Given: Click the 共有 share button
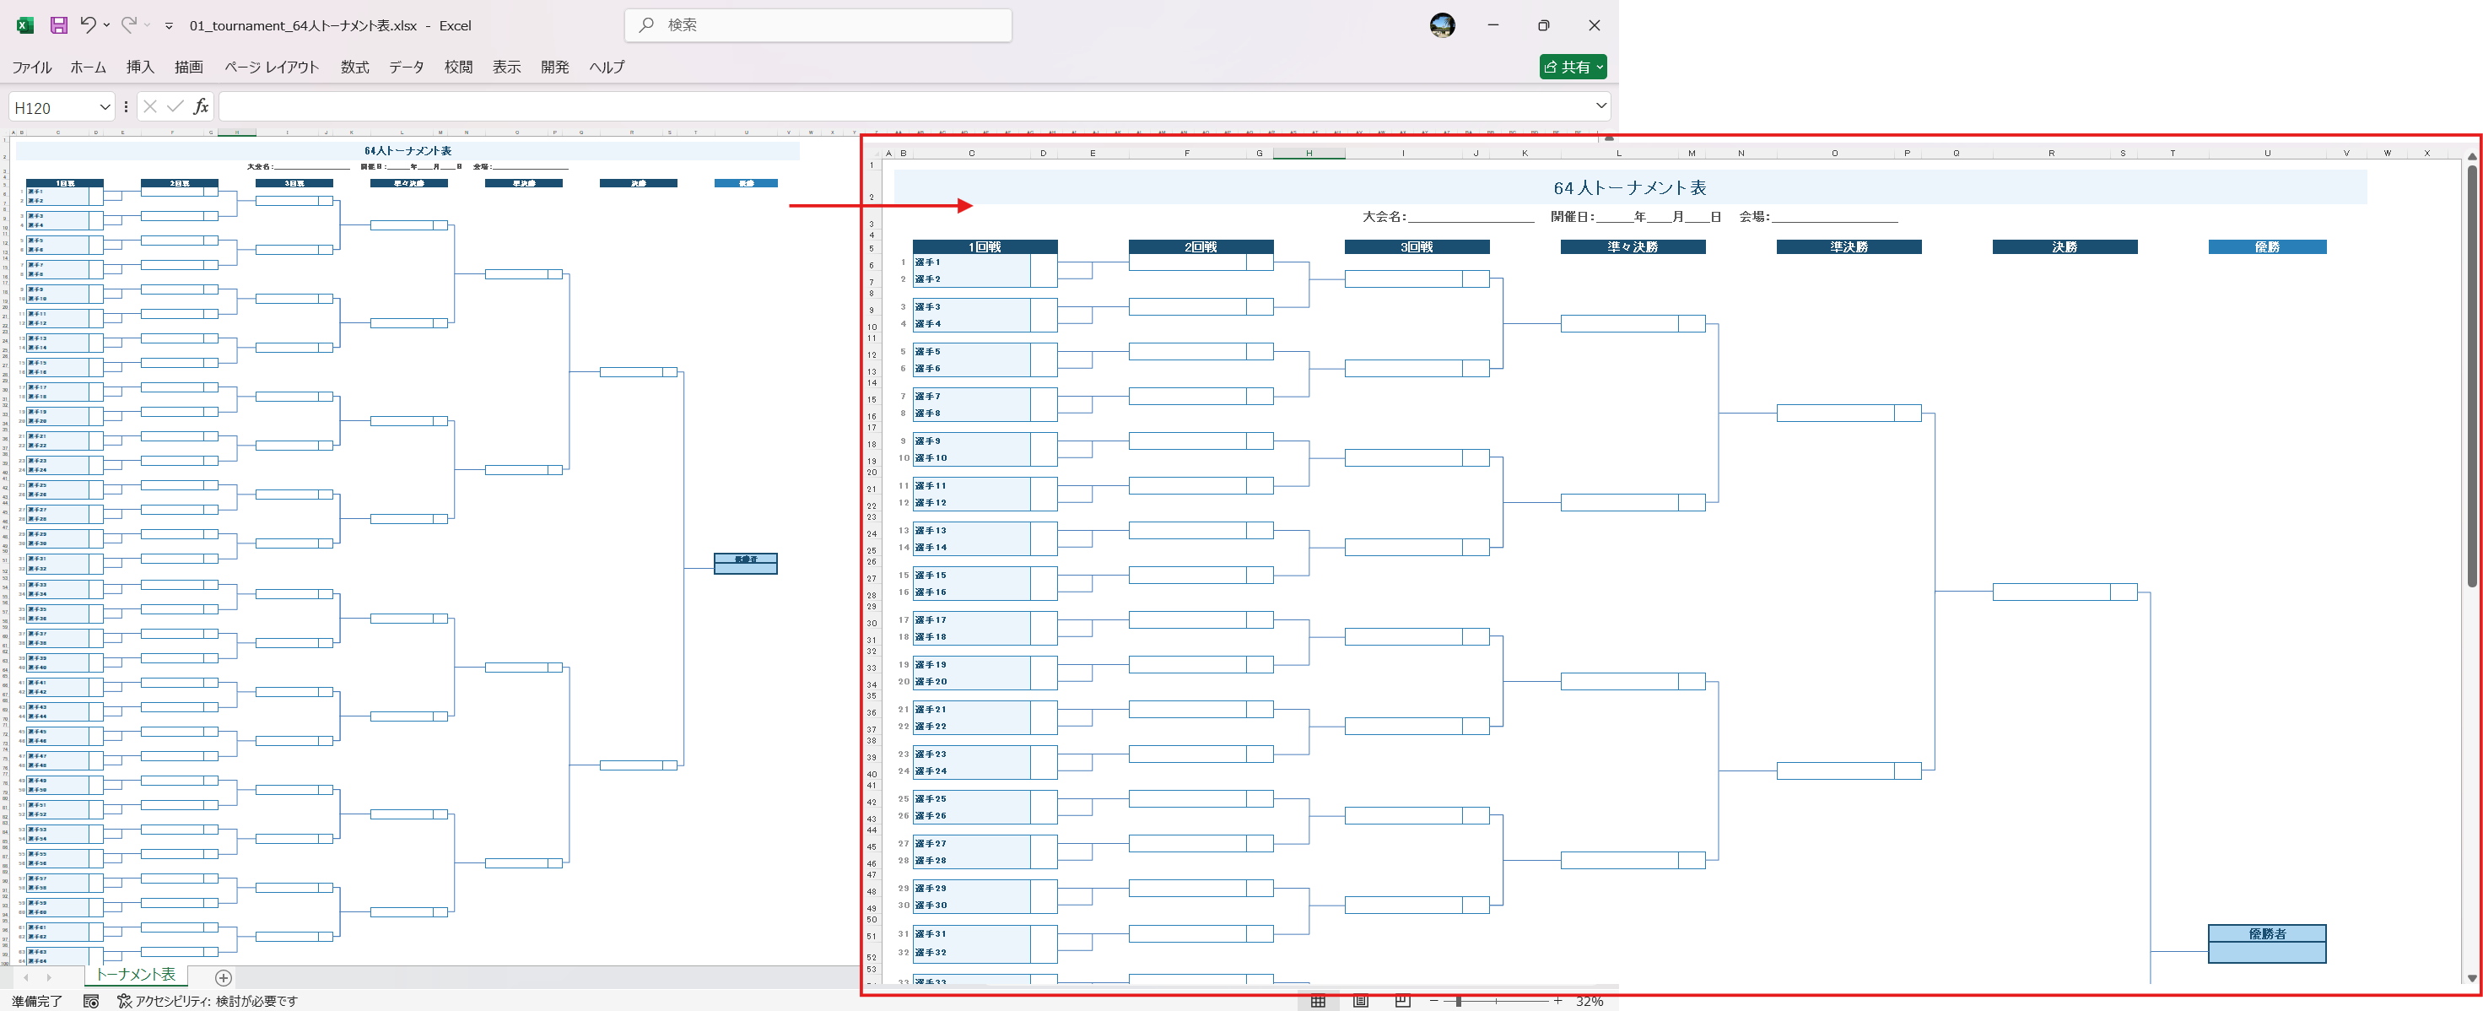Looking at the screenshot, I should click(x=1571, y=67).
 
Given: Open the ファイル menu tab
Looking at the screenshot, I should click(x=32, y=67).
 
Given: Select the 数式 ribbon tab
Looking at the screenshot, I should click(x=354, y=67).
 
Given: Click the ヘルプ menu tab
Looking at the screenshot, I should click(x=607, y=67).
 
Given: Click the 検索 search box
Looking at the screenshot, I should click(x=819, y=25).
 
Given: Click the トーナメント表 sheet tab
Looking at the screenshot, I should click(x=136, y=975).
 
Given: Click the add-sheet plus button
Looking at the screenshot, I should click(x=224, y=977).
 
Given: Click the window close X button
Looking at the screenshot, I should click(x=1594, y=25).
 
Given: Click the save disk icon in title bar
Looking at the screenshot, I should click(x=59, y=25).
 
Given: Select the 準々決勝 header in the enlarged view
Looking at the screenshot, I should click(x=1632, y=246).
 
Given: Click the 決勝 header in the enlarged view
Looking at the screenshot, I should click(x=2064, y=246).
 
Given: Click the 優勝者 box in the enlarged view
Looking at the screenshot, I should click(x=2266, y=934).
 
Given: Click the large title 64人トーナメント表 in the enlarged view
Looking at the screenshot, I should click(x=1629, y=188).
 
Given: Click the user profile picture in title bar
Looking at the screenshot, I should click(x=1441, y=25).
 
